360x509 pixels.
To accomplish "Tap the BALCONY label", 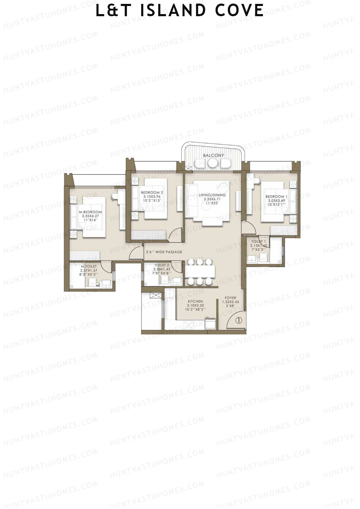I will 213,155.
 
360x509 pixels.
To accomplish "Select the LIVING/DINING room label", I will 212,195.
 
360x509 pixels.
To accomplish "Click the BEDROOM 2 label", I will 152,193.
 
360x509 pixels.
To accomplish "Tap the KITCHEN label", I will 195,301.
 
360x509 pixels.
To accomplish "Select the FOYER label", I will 231,298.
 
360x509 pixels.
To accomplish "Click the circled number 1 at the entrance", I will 238,320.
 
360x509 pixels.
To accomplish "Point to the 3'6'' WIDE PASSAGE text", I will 164,252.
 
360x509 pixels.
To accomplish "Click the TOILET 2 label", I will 162,265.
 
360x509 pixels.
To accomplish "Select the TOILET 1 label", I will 258,241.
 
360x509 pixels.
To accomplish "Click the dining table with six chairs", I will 200,271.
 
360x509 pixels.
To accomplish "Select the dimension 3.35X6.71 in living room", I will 212,199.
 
